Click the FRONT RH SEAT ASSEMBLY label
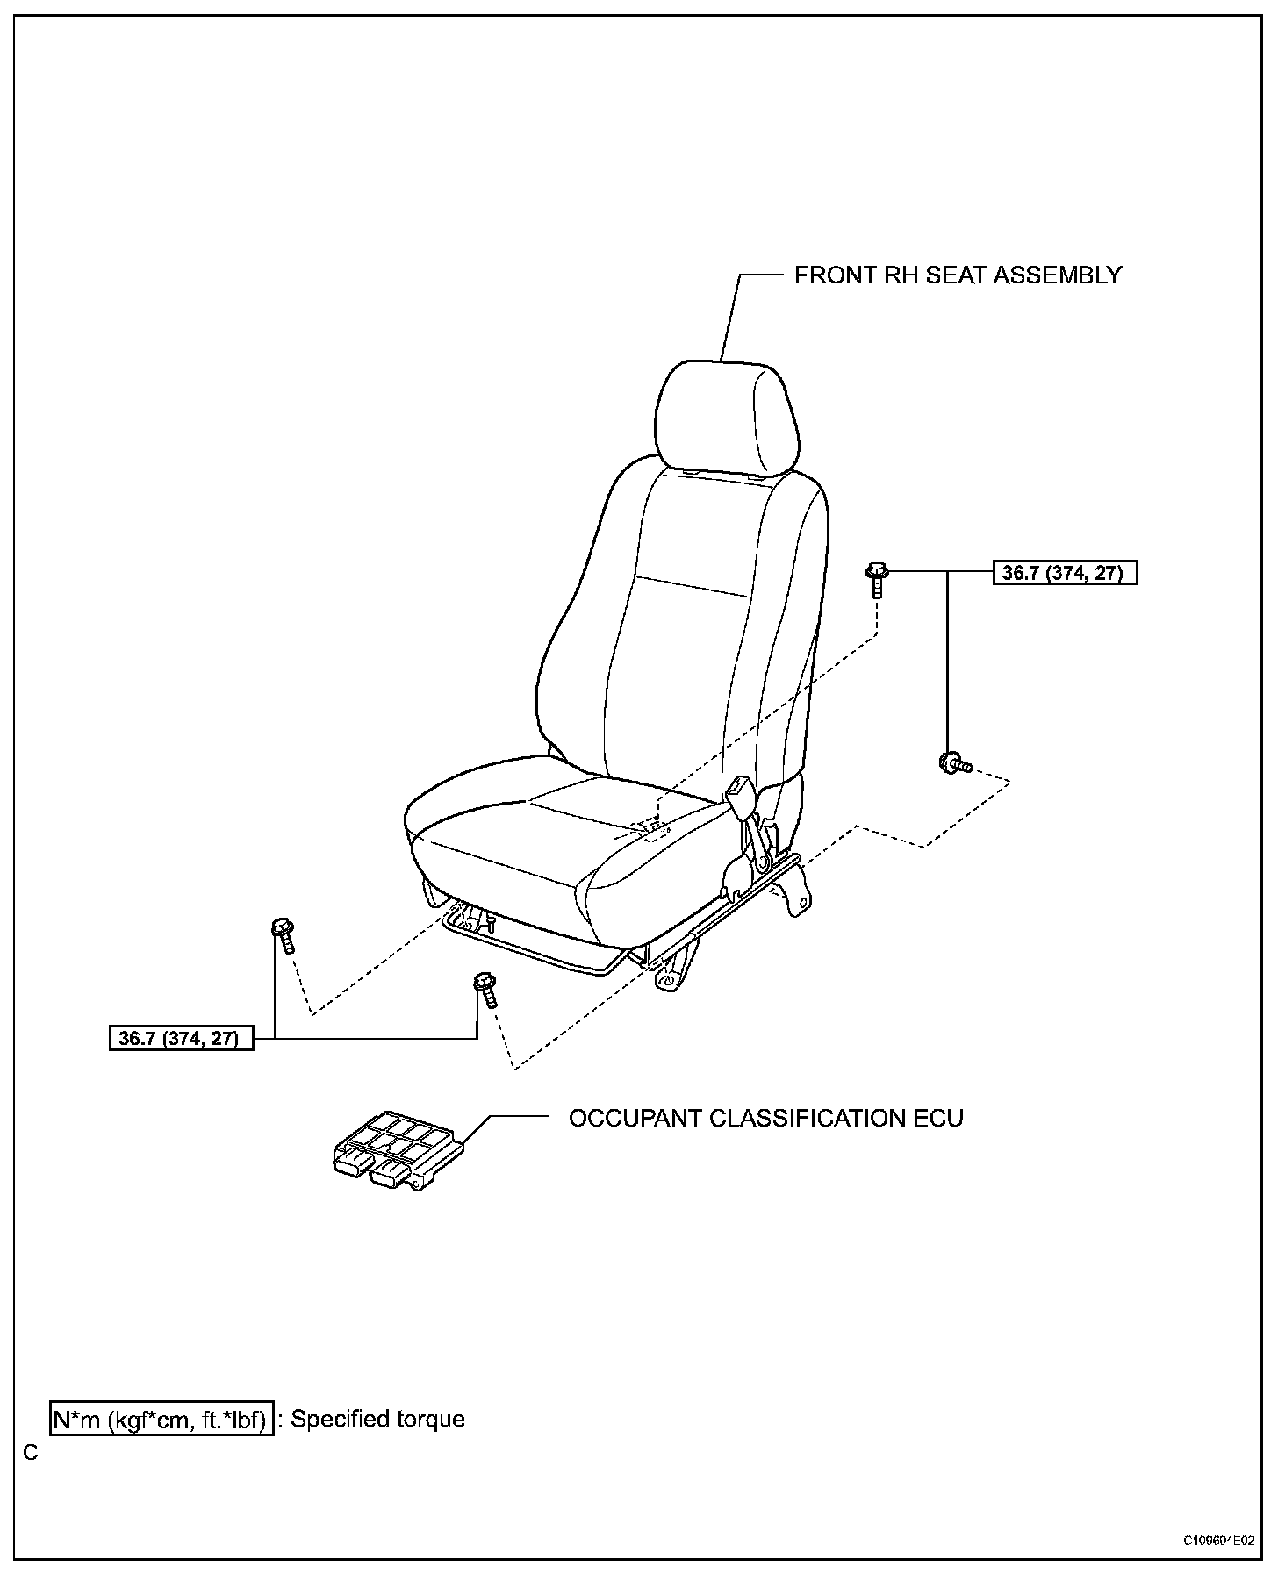coord(958,275)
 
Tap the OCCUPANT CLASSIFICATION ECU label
coord(765,1119)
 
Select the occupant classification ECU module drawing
coord(397,1150)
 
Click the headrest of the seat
coord(727,418)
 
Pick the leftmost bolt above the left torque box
coord(284,934)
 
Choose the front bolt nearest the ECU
coord(485,988)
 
